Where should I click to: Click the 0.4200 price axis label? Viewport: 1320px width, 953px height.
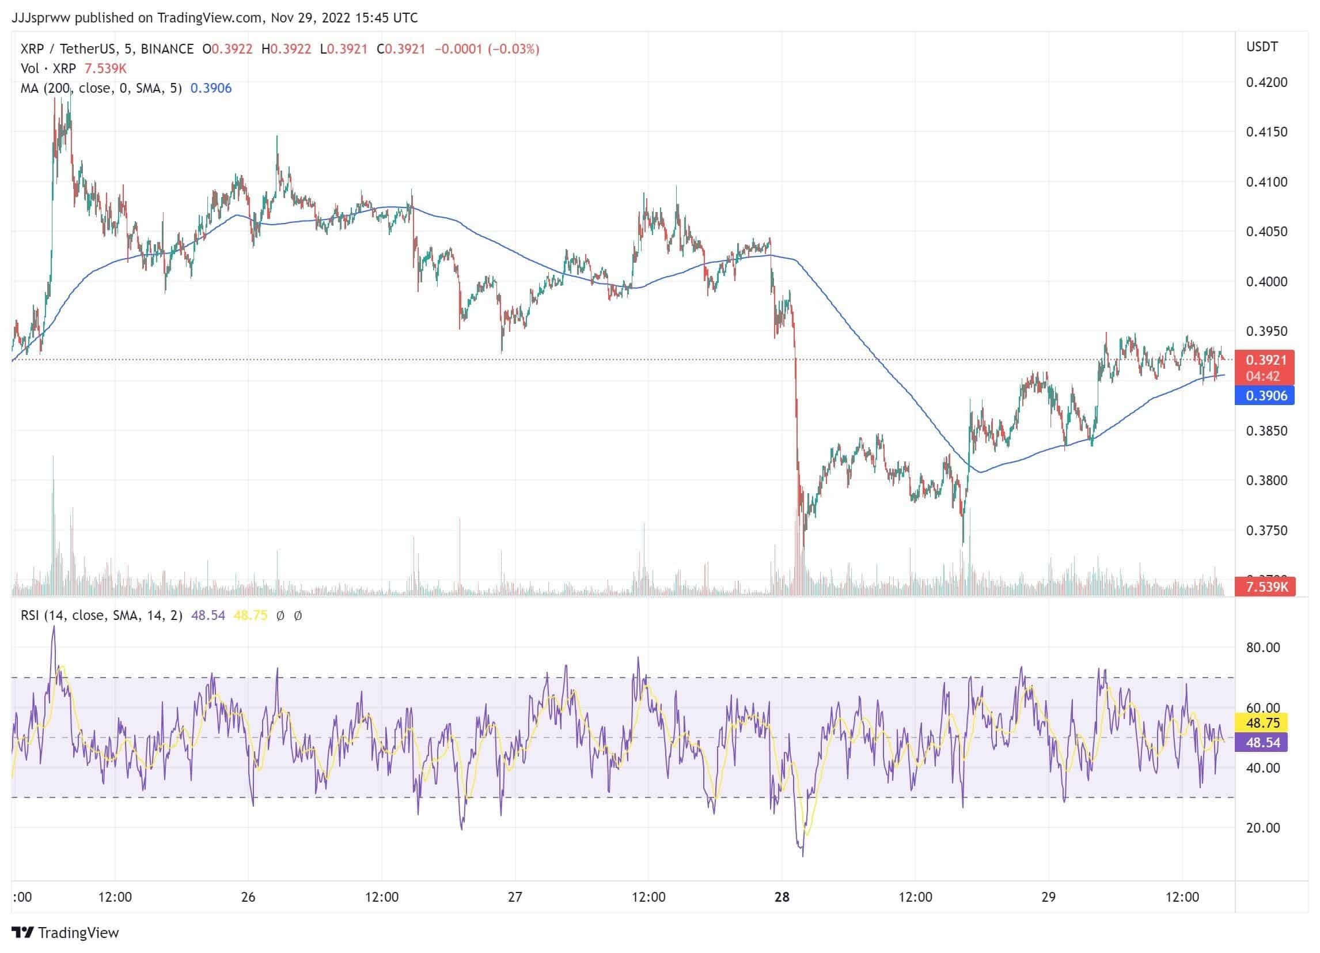[1266, 82]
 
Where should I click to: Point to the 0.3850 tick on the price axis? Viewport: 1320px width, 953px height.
[1266, 431]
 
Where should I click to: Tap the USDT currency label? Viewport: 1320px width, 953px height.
[1262, 47]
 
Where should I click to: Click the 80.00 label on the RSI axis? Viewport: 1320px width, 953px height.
[1262, 648]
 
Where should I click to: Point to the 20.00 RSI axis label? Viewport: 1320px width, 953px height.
[1262, 827]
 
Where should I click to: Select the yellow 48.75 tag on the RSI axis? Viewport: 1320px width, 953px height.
[1262, 723]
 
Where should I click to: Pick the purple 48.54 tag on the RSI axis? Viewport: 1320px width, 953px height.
[1262, 742]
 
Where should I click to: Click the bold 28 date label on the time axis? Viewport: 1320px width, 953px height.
[782, 897]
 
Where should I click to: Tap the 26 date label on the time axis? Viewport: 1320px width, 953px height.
[248, 897]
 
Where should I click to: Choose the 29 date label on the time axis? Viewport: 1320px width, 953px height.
[1048, 897]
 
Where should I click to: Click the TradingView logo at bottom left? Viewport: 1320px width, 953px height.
[65, 933]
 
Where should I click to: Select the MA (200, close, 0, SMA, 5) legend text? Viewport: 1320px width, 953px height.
[101, 89]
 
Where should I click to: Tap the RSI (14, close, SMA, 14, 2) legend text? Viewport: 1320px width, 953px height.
[101, 615]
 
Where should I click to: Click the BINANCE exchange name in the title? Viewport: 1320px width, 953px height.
[167, 49]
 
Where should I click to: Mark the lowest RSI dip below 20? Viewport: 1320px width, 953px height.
[803, 854]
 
